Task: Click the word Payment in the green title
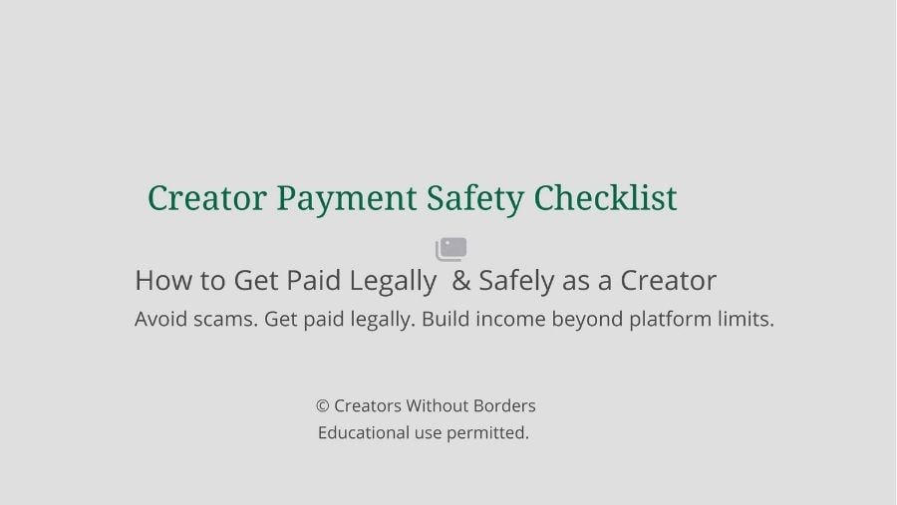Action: coord(346,199)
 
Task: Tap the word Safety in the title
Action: coord(474,199)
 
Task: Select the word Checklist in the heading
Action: coord(605,197)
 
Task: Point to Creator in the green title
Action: coord(207,198)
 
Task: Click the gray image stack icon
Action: coord(451,249)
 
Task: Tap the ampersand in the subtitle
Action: coord(460,280)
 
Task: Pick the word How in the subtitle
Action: coord(163,280)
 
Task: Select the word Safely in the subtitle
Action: coord(516,281)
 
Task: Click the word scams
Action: coord(225,319)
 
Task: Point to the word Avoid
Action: coord(160,319)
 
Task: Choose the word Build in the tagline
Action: coord(446,319)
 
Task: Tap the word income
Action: coord(510,319)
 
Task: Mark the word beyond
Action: coord(587,320)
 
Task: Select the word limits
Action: coord(746,319)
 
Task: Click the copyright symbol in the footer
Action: coord(323,406)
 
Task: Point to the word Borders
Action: coord(504,405)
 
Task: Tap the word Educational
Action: coord(364,432)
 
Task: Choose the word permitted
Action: coord(487,433)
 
